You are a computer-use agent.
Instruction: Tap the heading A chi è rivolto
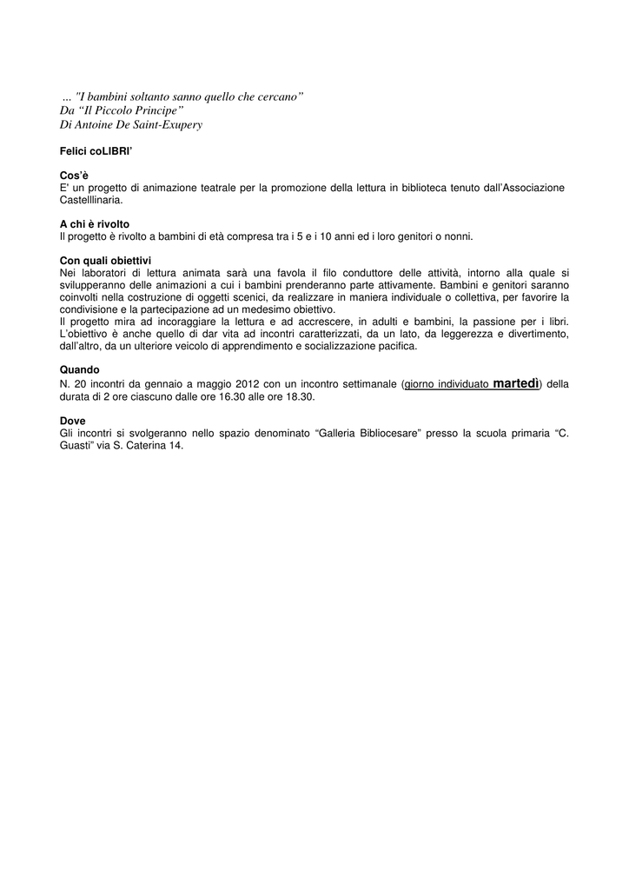pyautogui.click(x=94, y=224)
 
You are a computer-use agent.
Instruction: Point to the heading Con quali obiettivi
pyautogui.click(x=105, y=260)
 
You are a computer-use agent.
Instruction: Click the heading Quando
pyautogui.click(x=79, y=369)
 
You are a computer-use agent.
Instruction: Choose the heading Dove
pyautogui.click(x=72, y=420)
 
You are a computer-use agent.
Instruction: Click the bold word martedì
pyautogui.click(x=516, y=382)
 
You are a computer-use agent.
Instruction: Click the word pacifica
pyautogui.click(x=395, y=345)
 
